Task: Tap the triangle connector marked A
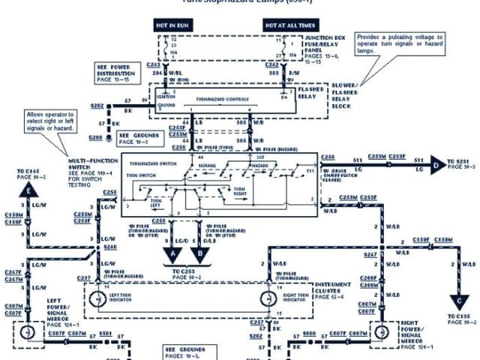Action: click(x=173, y=253)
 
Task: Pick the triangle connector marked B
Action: click(x=202, y=253)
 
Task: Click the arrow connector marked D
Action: click(x=436, y=161)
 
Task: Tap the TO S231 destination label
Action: click(x=461, y=163)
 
